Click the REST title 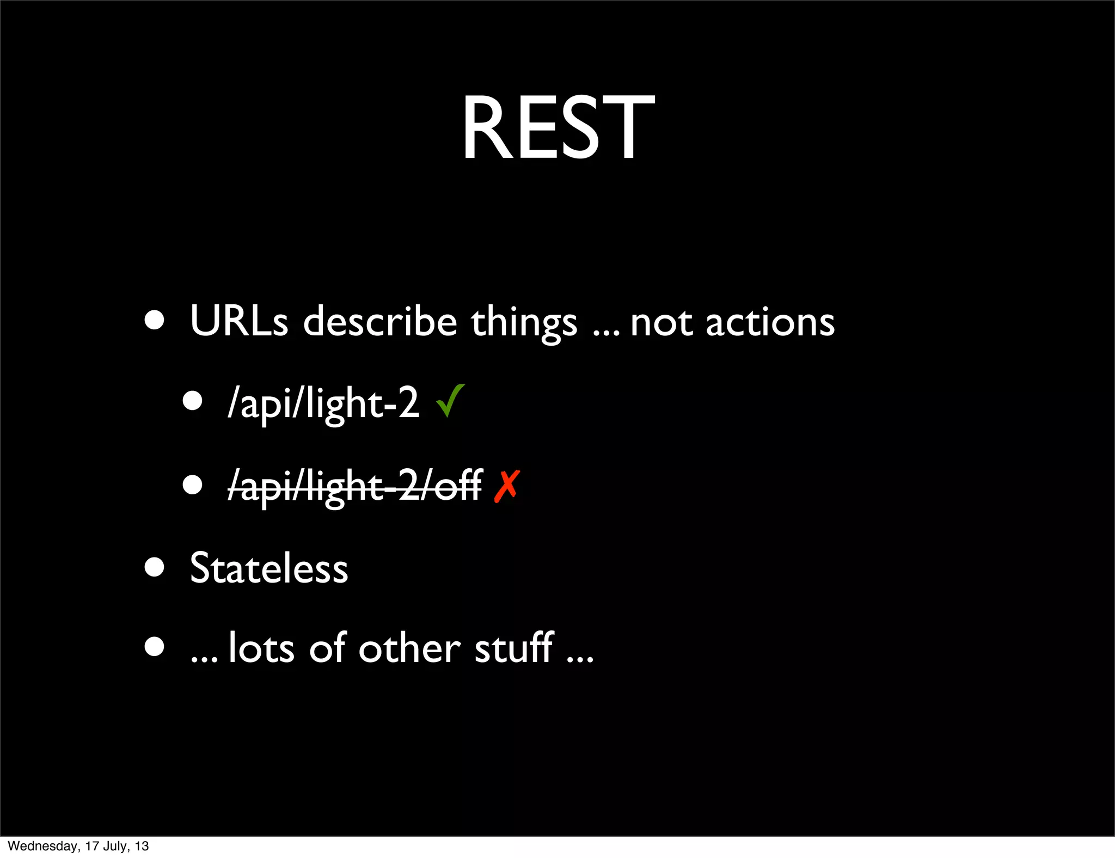pos(557,128)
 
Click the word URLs pos(238,321)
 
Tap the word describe pos(379,321)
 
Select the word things pos(523,322)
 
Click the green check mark pos(450,401)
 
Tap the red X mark pos(507,486)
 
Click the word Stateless pos(268,568)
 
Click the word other pos(409,648)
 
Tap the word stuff pos(514,648)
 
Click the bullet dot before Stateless pos(155,567)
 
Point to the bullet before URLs pos(155,320)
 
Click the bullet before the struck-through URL pos(192,485)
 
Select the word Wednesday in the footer pos(44,846)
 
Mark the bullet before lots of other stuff pos(155,647)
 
